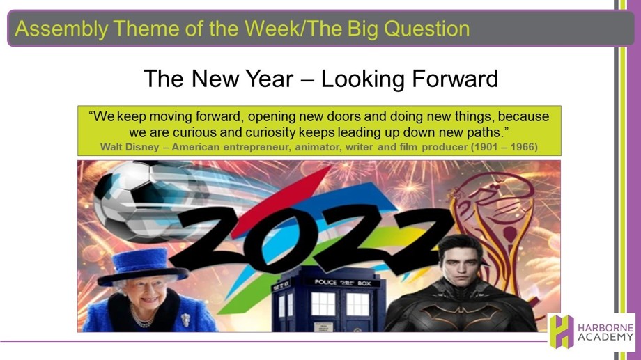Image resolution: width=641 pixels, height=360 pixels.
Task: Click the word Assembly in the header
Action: tap(61, 29)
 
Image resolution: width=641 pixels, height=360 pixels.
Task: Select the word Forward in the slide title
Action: tap(455, 79)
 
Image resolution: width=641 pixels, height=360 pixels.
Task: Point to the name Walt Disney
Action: tap(130, 147)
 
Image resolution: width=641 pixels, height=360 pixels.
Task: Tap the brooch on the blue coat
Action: tap(185, 319)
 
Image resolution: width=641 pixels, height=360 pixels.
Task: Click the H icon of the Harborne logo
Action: tap(562, 331)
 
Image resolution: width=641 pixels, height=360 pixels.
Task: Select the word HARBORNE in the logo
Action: tap(605, 328)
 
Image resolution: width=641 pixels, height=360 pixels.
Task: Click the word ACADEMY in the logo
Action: tap(605, 338)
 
